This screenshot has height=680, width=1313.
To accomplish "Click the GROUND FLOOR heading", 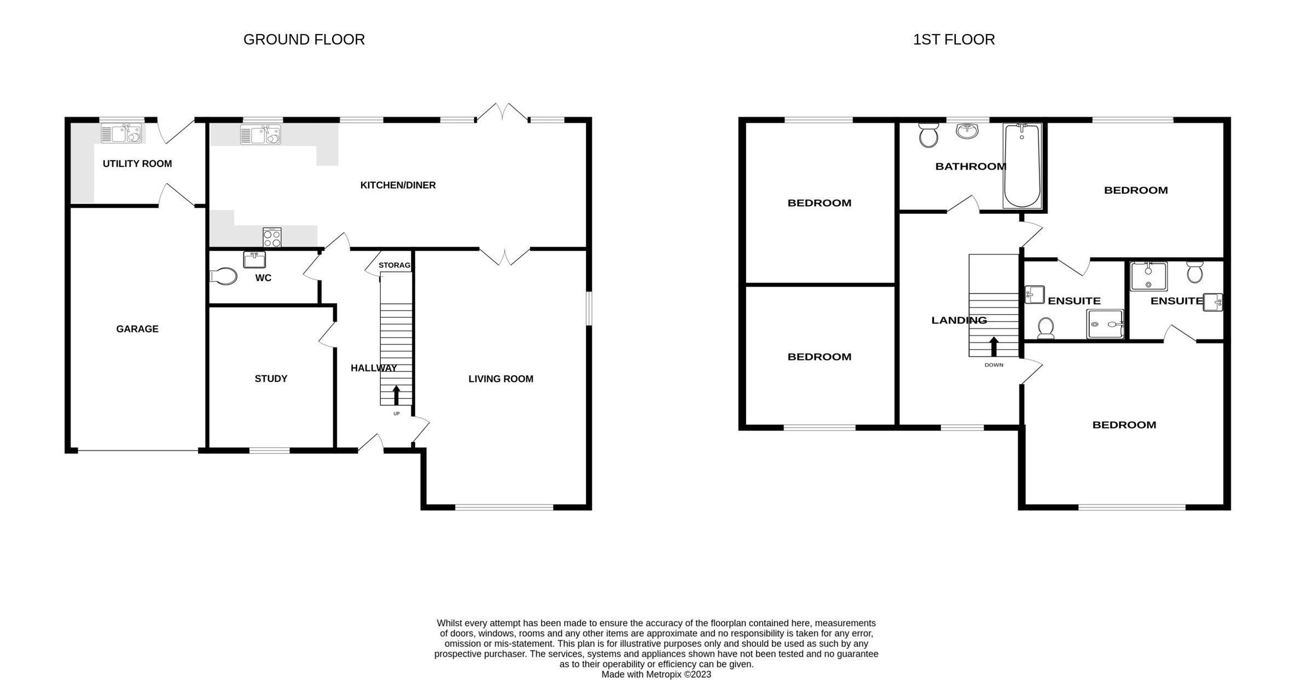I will (304, 39).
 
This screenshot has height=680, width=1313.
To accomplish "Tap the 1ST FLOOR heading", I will (954, 39).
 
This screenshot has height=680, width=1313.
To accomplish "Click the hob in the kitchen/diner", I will (272, 237).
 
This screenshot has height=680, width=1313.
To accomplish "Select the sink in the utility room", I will (121, 133).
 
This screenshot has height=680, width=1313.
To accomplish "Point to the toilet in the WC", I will (224, 276).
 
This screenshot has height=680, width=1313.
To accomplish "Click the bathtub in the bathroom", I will (1021, 165).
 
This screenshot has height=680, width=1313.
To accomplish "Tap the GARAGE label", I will (137, 329).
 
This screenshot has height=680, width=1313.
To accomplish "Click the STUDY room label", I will (271, 379).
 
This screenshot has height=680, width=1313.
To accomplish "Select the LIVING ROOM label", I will (501, 379).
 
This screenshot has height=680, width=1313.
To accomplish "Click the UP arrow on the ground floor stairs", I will (396, 395).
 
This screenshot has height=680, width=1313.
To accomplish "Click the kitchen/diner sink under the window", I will (260, 135).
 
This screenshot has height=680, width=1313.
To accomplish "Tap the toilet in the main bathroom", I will (928, 135).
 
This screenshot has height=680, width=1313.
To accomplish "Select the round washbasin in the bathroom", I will (968, 131).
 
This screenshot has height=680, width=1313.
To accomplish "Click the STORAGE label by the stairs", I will (395, 265).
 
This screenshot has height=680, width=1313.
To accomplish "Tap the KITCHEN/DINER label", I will (398, 185).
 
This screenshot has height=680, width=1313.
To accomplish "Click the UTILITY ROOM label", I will (137, 164).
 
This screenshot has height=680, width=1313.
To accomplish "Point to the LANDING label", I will (959, 321).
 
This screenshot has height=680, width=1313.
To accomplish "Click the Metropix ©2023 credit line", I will (656, 675).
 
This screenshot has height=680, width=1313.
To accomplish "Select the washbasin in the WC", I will (254, 259).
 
